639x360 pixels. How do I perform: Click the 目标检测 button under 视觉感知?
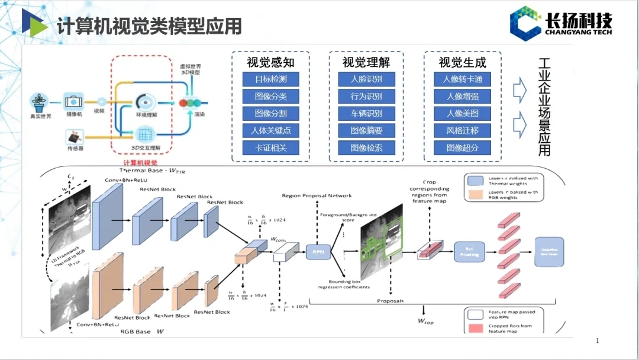tap(270, 79)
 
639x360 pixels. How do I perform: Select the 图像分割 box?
tap(270, 114)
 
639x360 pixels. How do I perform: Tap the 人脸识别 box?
tap(366, 79)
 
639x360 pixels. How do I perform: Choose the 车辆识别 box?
tap(366, 114)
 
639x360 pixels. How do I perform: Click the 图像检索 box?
tap(366, 148)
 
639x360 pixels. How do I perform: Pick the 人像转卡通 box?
tap(462, 79)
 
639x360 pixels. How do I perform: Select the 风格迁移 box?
tap(462, 131)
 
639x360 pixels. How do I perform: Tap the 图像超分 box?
tap(462, 148)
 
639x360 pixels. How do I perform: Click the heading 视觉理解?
tap(366, 62)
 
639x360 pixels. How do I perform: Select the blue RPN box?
tap(316, 253)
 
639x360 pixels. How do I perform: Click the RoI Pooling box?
tap(469, 252)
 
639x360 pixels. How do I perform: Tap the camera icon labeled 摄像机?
tap(74, 102)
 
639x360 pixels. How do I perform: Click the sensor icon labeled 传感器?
tap(73, 138)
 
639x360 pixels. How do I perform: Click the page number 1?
tap(597, 340)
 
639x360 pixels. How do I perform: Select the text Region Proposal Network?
tap(317, 195)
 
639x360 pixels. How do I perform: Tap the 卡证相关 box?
tap(270, 148)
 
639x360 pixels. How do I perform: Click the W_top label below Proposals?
tap(425, 321)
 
